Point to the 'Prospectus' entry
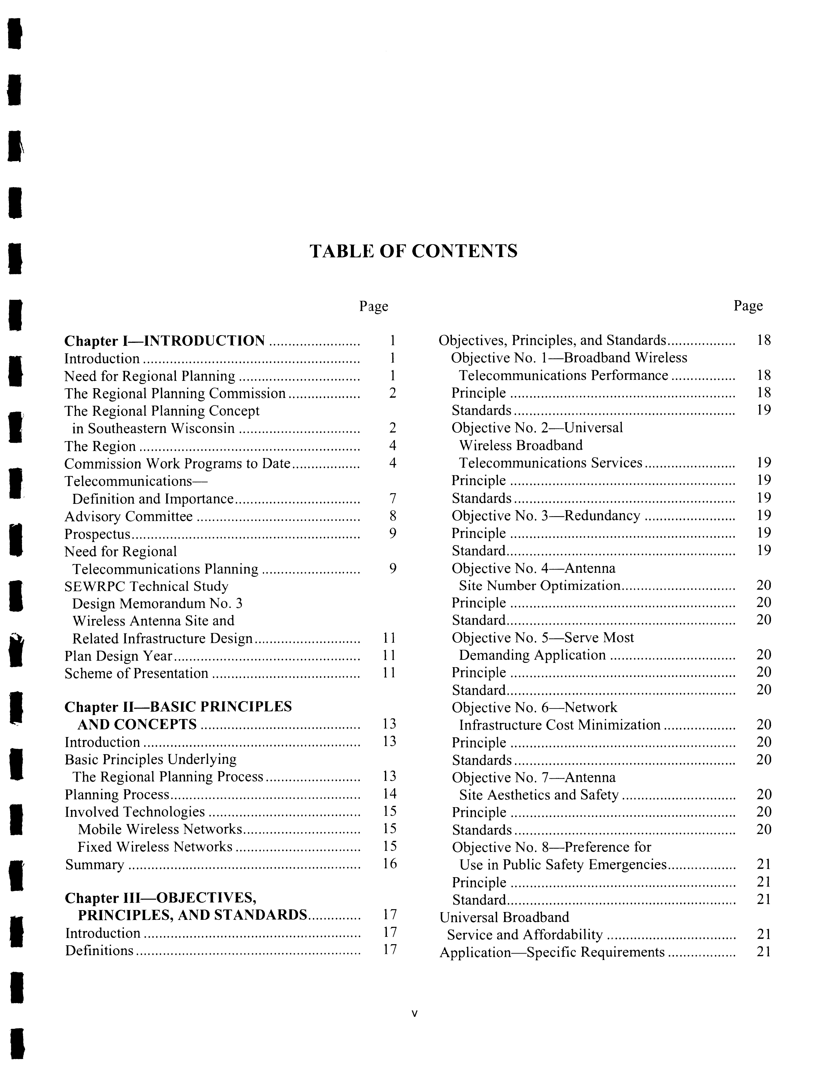98,534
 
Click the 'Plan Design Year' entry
118,656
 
